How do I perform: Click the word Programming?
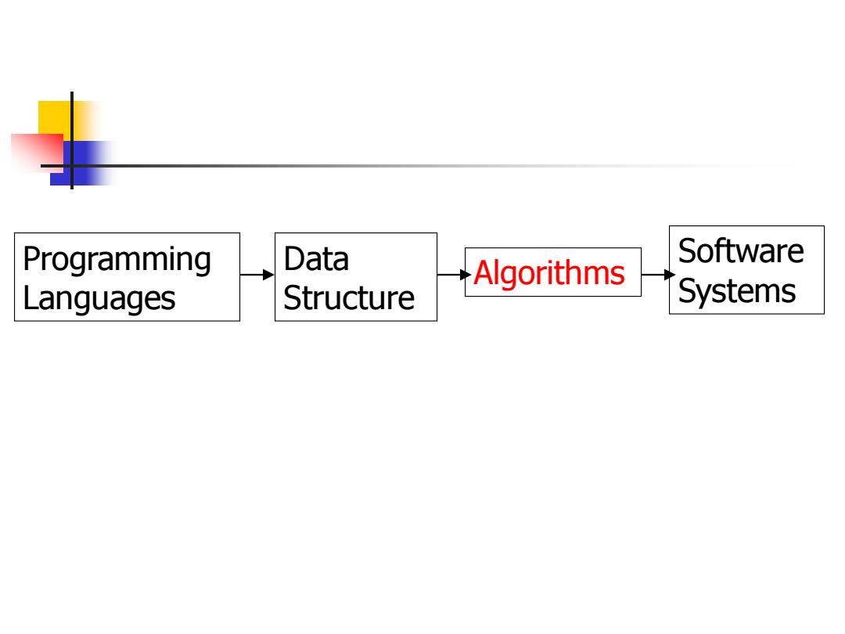click(117, 261)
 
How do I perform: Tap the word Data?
click(316, 259)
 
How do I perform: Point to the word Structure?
click(349, 298)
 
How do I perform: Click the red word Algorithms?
click(549, 273)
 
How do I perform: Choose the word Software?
click(741, 251)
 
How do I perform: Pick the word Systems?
click(737, 292)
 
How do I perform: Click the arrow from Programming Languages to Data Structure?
click(257, 275)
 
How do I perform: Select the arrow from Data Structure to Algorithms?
click(455, 275)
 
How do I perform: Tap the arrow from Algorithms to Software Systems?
click(658, 275)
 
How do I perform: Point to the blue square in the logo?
click(81, 164)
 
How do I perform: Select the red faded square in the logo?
click(38, 152)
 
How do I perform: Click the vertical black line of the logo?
click(72, 141)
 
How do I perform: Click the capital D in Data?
click(294, 259)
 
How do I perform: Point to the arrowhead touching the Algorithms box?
click(466, 275)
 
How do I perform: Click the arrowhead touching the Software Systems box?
click(670, 275)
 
